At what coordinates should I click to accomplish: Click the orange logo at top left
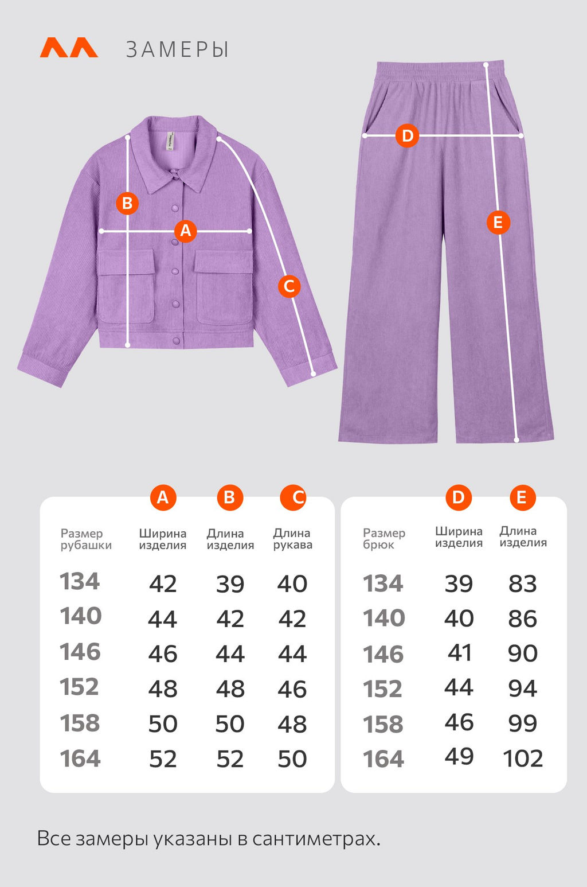pos(69,48)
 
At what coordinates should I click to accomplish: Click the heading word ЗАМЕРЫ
pos(177,50)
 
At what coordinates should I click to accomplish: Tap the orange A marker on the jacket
pos(186,231)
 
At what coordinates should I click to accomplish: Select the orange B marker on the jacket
pos(127,204)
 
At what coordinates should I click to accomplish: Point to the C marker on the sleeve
pos(289,286)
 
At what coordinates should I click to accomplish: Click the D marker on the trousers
pos(408,136)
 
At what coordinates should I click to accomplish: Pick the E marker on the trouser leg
pos(498,223)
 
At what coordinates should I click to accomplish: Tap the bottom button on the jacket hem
pos(177,341)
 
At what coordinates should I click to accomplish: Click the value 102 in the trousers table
pos(523,758)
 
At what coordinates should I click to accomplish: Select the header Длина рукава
pos(293,539)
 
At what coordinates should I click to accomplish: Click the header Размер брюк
pos(384,539)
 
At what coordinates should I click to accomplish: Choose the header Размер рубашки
pos(86,539)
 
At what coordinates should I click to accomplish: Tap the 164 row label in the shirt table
pos(80,758)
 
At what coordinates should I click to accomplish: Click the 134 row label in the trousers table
pos(383,583)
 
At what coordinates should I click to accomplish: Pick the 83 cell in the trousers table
pos(523,583)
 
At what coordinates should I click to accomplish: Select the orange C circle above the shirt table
pos(293,497)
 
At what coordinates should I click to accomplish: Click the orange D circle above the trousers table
pos(459,497)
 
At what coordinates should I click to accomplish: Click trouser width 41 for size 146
pos(459,653)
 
